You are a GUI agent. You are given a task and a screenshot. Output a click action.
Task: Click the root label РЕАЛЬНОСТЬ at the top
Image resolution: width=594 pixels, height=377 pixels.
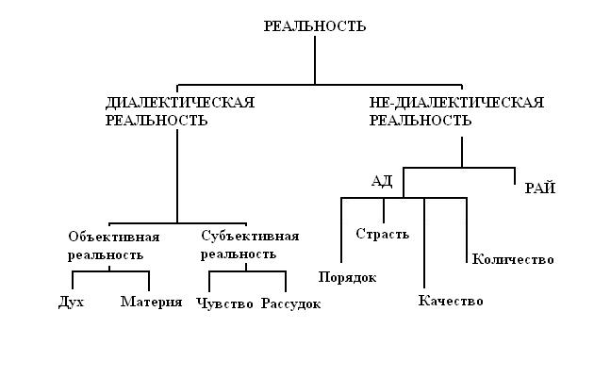pyautogui.click(x=315, y=27)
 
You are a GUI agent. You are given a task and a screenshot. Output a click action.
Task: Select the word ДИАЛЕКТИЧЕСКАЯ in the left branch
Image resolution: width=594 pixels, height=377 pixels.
pyautogui.click(x=180, y=102)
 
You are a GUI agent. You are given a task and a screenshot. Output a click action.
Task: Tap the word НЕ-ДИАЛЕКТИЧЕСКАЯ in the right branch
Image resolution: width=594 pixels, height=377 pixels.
pyautogui.click(x=456, y=102)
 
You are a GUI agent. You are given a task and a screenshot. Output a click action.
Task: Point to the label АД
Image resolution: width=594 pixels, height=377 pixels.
pyautogui.click(x=382, y=181)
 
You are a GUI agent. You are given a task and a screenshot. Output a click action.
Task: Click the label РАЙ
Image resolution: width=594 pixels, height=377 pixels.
pyautogui.click(x=540, y=188)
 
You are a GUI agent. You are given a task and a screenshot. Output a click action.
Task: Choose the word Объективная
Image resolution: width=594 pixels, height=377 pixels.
pyautogui.click(x=114, y=236)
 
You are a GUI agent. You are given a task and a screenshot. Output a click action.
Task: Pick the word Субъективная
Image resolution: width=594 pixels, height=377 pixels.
pyautogui.click(x=250, y=236)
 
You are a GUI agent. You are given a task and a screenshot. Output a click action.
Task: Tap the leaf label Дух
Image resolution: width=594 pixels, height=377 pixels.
pyautogui.click(x=71, y=303)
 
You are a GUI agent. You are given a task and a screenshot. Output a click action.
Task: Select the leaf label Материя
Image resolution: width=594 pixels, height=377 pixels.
pyautogui.click(x=151, y=303)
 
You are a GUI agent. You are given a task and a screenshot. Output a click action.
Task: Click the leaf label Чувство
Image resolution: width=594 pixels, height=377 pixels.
pyautogui.click(x=225, y=303)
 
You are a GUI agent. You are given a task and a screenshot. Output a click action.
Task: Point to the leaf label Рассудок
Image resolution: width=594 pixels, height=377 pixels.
pyautogui.click(x=291, y=303)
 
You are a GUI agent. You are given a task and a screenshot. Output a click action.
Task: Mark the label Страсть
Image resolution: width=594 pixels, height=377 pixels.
pyautogui.click(x=382, y=234)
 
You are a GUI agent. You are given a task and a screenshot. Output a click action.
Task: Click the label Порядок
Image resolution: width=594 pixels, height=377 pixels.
pyautogui.click(x=348, y=277)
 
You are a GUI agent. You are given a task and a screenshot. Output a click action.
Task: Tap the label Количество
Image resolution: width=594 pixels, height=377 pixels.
pyautogui.click(x=513, y=259)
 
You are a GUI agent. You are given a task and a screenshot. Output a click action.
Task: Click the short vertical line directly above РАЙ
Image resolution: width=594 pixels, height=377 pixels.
pyautogui.click(x=515, y=175)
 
